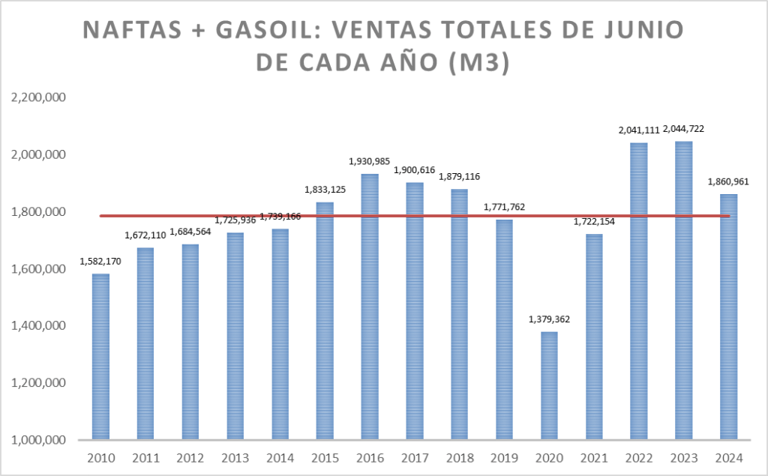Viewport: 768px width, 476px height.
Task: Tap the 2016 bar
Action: [x=370, y=307]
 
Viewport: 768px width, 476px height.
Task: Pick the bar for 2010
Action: [x=100, y=356]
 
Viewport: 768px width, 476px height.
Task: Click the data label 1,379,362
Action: [x=549, y=319]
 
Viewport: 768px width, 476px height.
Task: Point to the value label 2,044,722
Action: [x=683, y=129]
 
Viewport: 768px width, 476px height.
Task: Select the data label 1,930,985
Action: [x=370, y=161]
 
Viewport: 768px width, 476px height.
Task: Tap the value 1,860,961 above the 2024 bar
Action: [x=728, y=181]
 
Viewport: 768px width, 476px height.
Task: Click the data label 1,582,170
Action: [x=100, y=261]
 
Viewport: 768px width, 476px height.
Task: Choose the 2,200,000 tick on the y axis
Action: [x=38, y=98]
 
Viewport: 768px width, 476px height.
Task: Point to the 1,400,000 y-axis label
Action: [x=38, y=326]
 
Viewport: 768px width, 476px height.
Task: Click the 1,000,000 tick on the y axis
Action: [x=38, y=440]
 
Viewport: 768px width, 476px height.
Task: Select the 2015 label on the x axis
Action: [x=325, y=458]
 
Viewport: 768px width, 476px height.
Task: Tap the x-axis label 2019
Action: [x=504, y=458]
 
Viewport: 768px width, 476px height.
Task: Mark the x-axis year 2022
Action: [x=638, y=458]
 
